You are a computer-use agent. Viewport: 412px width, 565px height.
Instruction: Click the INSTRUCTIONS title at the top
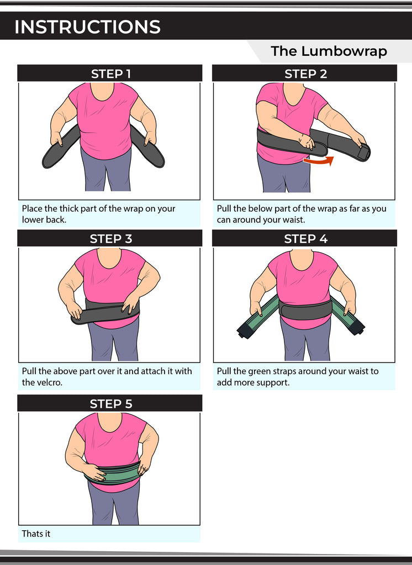tap(87, 26)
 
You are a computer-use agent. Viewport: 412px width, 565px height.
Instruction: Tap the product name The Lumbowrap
tap(329, 51)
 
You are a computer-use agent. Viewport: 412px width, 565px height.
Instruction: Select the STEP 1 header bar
tap(110, 73)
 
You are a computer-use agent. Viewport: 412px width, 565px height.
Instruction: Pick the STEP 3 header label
tap(110, 238)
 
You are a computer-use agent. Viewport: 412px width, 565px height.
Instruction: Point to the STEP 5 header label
tap(110, 403)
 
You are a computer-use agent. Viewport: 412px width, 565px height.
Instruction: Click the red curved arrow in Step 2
tap(319, 161)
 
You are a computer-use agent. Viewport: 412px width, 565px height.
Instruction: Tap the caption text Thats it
tap(36, 534)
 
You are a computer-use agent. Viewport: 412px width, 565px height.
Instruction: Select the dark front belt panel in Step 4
tap(305, 310)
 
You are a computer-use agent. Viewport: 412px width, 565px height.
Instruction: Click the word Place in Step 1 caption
tap(33, 209)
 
